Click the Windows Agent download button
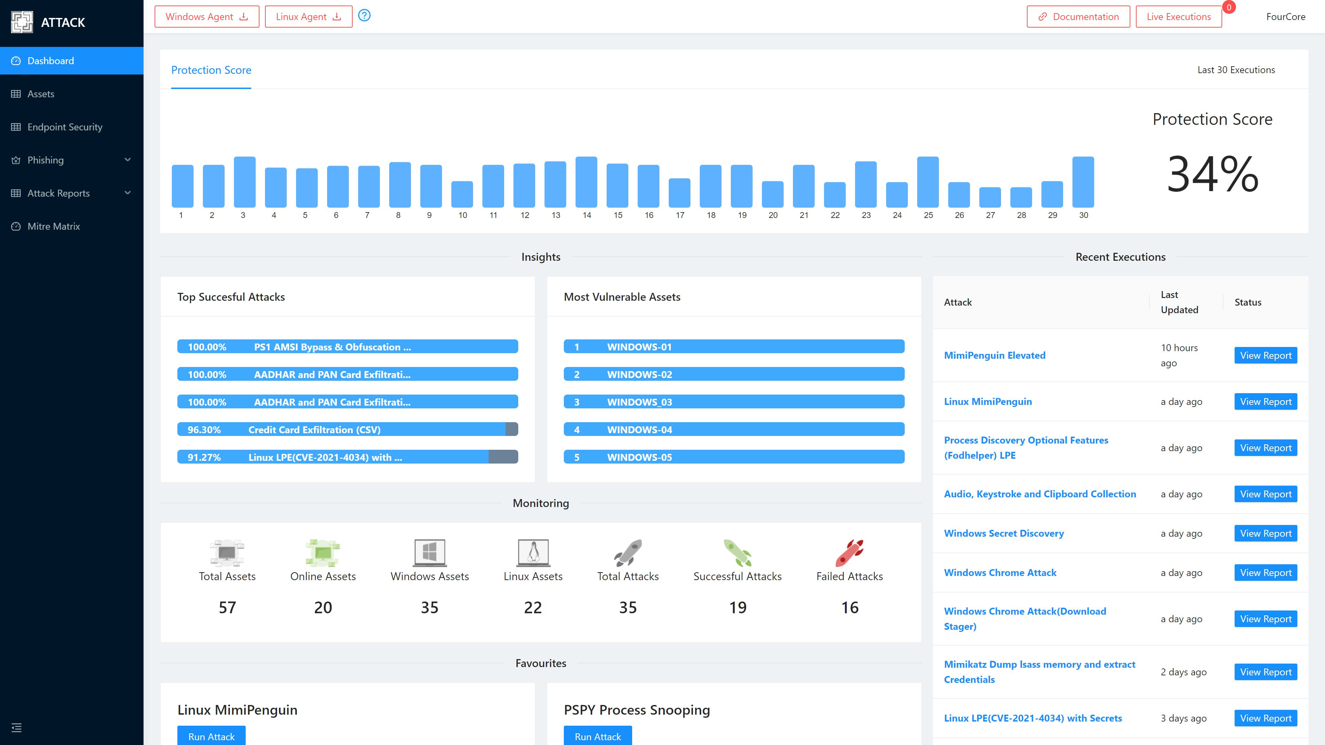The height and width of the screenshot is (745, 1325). coord(207,17)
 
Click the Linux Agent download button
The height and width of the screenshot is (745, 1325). coord(308,17)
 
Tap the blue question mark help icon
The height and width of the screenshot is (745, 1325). coord(364,16)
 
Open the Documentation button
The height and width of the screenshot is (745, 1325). coord(1078,17)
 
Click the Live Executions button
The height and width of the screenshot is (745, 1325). coord(1178,17)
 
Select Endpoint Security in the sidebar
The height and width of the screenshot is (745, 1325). coord(65,127)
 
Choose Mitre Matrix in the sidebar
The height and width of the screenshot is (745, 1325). coord(53,226)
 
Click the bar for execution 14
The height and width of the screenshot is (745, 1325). coord(586,182)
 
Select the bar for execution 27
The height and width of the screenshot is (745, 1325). coord(990,197)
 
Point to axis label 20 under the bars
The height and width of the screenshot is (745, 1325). coord(773,215)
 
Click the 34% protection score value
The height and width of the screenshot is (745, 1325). coord(1213,175)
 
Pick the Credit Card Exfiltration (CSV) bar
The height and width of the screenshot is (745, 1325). coord(347,429)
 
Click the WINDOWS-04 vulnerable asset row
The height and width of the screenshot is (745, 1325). coord(734,429)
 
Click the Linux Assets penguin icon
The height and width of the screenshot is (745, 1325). coord(533,553)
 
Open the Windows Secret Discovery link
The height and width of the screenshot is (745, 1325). coord(1003,533)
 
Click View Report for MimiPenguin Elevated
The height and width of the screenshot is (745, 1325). coord(1265,355)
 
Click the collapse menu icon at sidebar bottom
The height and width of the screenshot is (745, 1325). coord(17,727)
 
